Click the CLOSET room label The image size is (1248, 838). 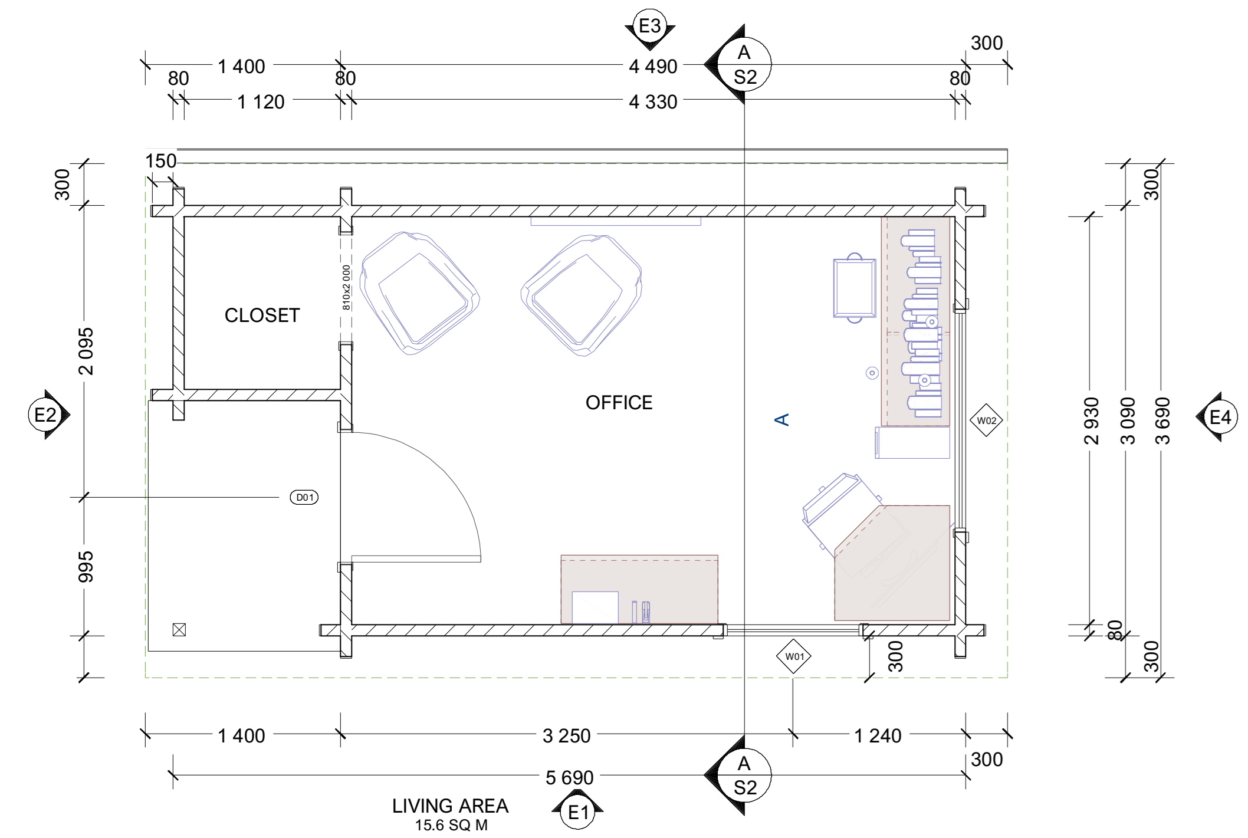point(262,316)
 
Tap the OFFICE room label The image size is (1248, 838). point(619,403)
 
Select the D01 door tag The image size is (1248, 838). point(304,498)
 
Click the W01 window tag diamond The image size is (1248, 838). point(794,656)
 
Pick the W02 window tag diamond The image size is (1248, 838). point(986,420)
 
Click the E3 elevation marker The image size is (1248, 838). point(650,28)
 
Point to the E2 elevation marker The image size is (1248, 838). point(48,415)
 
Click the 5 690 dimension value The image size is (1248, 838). point(569,778)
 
